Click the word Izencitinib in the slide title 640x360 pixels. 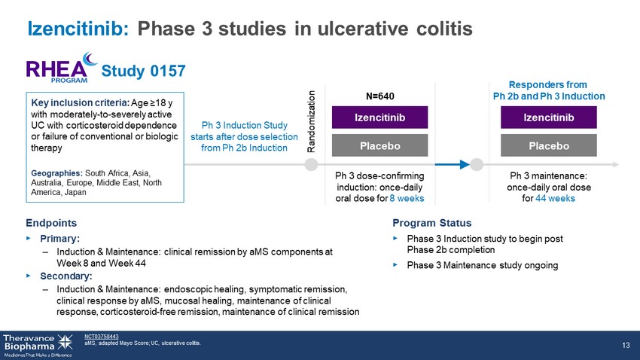click(78, 29)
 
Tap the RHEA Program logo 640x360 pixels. click(62, 68)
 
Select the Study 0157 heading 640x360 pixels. click(143, 71)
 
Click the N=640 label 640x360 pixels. click(380, 96)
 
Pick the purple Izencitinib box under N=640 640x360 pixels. click(379, 117)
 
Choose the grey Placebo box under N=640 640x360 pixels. click(379, 145)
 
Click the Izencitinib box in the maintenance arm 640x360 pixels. click(549, 117)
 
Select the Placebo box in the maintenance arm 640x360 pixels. click(549, 145)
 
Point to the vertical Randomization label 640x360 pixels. click(311, 122)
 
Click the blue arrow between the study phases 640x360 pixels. click(453, 164)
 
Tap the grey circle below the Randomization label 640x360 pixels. click(312, 164)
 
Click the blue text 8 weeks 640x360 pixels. click(407, 198)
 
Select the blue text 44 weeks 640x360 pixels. click(555, 198)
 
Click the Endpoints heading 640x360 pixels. click(51, 223)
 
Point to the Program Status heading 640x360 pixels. click(432, 223)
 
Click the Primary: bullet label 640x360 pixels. click(60, 238)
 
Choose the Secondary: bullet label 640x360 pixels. click(66, 276)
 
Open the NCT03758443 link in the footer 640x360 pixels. click(102, 337)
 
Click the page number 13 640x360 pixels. click(626, 345)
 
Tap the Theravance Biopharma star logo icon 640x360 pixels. click(65, 342)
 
